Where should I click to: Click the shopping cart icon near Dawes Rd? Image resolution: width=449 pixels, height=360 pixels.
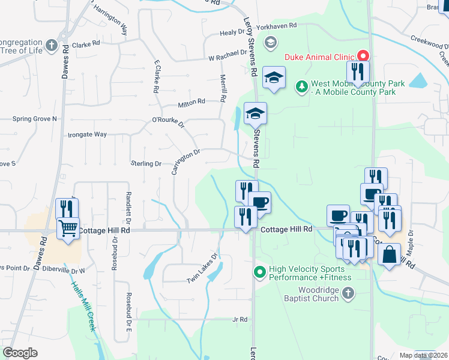[x=68, y=228]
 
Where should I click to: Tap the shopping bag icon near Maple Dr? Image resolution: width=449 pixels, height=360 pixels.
[x=389, y=254]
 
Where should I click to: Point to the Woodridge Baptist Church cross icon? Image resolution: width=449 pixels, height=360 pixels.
[x=348, y=293]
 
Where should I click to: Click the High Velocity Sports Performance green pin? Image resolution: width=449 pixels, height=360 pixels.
[x=259, y=273]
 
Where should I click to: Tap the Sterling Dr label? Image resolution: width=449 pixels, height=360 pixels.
[x=146, y=163]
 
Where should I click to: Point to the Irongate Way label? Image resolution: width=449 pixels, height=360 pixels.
[x=87, y=135]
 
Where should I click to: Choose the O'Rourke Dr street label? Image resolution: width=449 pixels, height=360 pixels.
[x=168, y=123]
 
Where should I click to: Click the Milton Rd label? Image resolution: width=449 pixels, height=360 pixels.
[x=191, y=103]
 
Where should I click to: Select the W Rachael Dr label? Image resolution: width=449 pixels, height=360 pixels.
[x=228, y=58]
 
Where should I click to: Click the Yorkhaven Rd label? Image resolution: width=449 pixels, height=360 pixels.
[x=277, y=26]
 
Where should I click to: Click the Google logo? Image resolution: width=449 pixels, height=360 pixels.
[x=20, y=353]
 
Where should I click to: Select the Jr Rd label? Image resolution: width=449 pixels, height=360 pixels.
[x=240, y=320]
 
